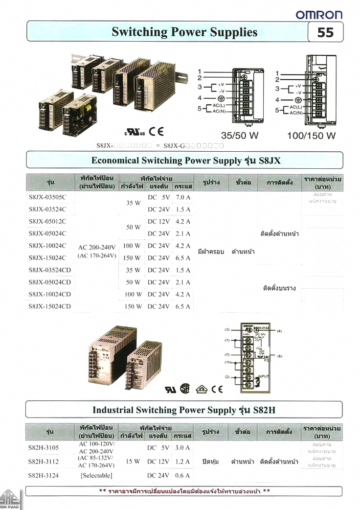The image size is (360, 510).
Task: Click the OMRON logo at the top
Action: tap(319, 15)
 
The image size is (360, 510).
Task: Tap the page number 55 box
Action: tap(325, 32)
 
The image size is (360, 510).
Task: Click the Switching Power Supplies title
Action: tap(184, 32)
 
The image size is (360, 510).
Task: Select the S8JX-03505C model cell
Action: tap(47, 197)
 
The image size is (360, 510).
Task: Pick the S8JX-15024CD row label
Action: tap(50, 307)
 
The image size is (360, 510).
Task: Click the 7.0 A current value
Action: tap(182, 197)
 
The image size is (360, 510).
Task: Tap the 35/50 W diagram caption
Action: tap(240, 136)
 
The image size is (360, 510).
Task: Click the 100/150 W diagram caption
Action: tap(311, 136)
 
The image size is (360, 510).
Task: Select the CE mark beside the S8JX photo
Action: tap(157, 131)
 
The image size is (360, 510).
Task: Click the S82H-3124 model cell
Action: tap(44, 475)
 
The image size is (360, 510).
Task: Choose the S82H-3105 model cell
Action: tap(44, 448)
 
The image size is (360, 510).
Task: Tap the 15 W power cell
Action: tap(133, 462)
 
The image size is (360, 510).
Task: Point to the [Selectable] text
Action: tap(96, 475)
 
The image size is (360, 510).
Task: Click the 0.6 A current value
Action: tap(182, 475)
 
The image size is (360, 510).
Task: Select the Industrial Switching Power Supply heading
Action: tap(184, 410)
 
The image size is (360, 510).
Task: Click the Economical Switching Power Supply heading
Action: tap(186, 161)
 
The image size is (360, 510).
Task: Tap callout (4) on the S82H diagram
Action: tap(279, 331)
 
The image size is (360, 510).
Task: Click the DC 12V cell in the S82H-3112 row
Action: tap(158, 462)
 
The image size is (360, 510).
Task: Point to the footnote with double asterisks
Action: tap(184, 491)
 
